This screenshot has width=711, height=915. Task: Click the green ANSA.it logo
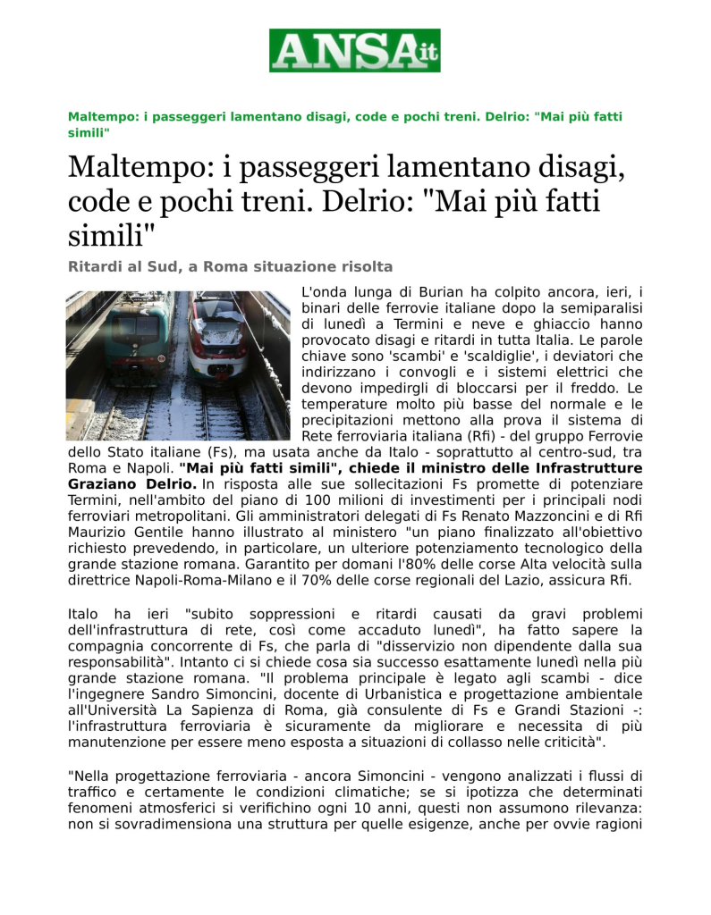point(355,50)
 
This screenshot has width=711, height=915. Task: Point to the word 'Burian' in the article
point(442,291)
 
